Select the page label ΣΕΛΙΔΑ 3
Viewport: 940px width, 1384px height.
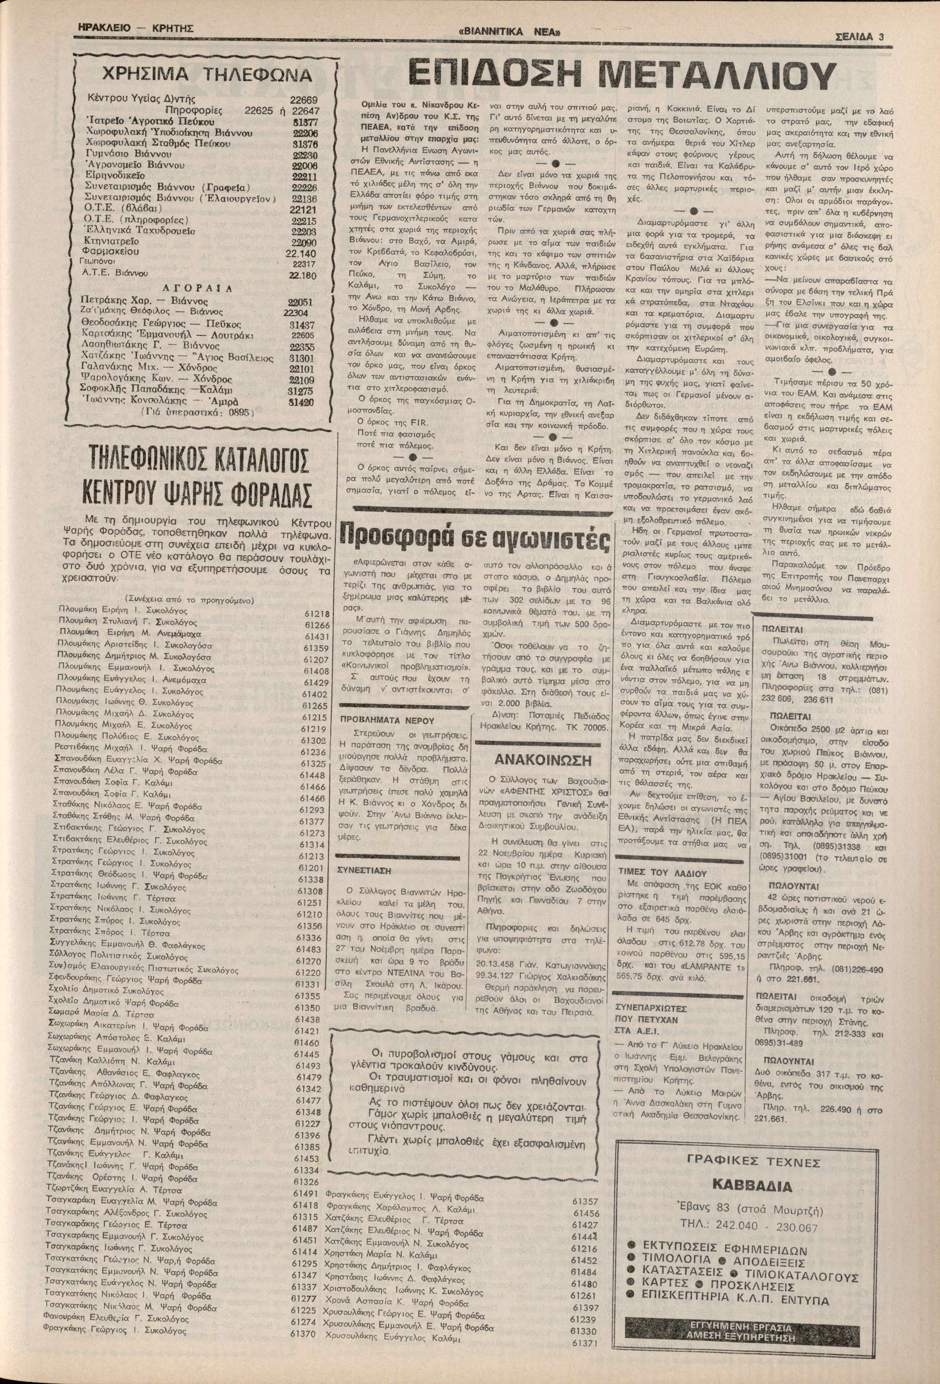click(x=854, y=35)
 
